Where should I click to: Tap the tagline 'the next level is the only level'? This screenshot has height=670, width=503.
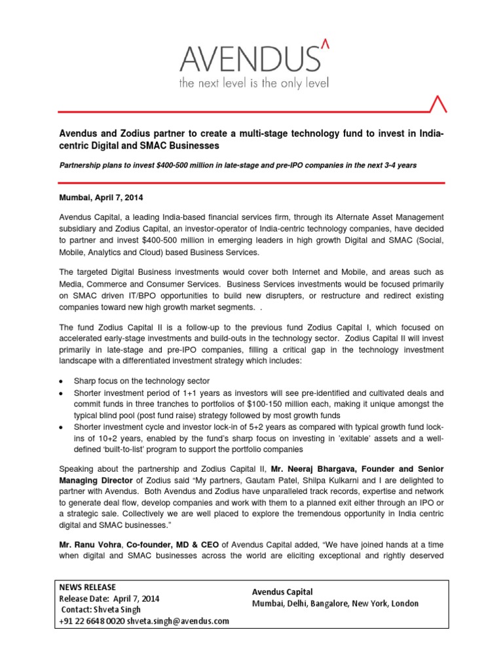(254, 84)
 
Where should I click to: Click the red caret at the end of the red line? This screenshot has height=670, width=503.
(439, 103)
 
